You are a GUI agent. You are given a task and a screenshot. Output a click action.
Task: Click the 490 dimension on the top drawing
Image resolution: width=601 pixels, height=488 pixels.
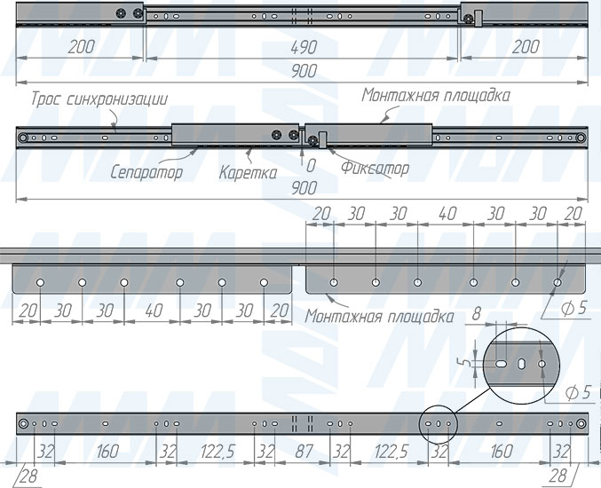tap(304, 48)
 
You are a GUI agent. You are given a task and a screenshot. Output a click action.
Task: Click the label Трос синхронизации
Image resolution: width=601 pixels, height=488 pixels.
tap(99, 99)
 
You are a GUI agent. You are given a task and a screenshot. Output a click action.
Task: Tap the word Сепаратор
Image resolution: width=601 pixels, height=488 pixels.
tap(146, 172)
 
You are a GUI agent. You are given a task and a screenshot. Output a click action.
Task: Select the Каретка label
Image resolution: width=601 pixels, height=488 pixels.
tap(248, 173)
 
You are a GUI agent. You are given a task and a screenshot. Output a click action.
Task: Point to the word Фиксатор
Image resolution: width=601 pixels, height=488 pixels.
tap(376, 169)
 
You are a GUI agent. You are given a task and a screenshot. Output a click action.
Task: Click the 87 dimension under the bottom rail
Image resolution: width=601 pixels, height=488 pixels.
tap(304, 452)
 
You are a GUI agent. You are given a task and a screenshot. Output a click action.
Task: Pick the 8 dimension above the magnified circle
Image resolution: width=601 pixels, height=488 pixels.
tap(476, 314)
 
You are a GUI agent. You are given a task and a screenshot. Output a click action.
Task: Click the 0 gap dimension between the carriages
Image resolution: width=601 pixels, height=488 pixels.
tap(311, 166)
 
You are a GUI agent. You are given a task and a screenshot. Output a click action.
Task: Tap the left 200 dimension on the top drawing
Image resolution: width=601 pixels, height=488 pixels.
tap(82, 48)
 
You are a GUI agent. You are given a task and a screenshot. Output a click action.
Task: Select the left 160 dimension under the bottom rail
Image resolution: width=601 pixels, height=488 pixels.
tap(107, 452)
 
